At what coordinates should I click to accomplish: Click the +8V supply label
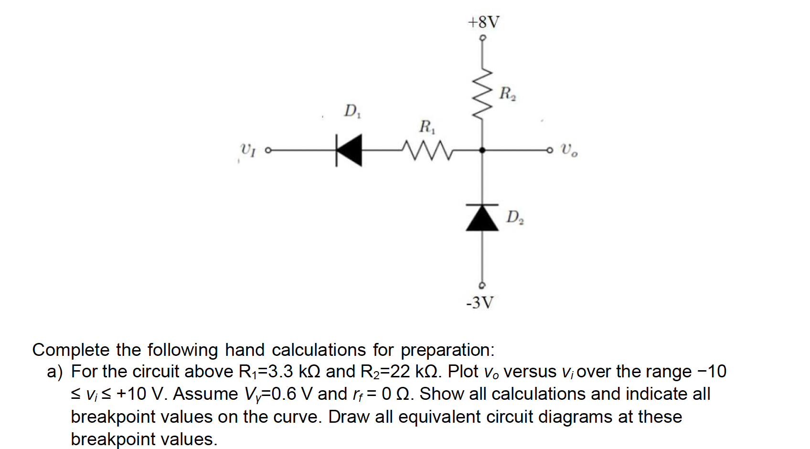(483, 22)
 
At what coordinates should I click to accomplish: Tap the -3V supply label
(480, 302)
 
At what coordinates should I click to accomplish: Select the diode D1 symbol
(349, 150)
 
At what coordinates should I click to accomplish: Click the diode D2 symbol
(482, 217)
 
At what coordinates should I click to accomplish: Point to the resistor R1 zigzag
(427, 150)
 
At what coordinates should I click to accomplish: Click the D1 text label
(352, 111)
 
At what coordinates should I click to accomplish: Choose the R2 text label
(507, 93)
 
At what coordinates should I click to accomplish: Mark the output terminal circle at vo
(550, 150)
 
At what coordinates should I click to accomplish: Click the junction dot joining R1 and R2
(482, 150)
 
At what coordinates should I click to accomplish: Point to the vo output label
(569, 150)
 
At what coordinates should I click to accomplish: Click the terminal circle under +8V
(482, 37)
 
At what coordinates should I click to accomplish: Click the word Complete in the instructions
(71, 350)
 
